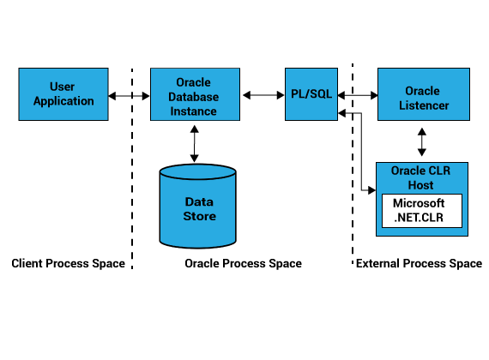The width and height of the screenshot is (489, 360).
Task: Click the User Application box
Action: pos(63,94)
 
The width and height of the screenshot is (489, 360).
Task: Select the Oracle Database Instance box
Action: pos(195,94)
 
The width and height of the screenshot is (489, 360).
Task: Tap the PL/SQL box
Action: pos(311,94)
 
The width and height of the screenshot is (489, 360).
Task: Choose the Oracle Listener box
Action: pos(424,94)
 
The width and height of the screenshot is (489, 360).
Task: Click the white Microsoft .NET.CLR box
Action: pos(422,211)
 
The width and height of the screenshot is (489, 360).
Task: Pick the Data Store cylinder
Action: pos(197,206)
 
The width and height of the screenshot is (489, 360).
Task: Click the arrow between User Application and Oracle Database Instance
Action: pos(129,96)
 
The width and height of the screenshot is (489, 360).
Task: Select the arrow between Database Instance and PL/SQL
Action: pos(263,95)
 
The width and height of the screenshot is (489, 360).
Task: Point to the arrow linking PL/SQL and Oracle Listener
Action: pos(358,95)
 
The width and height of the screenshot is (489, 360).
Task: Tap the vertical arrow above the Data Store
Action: pos(194,144)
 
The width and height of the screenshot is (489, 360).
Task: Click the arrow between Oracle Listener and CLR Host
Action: pos(422,141)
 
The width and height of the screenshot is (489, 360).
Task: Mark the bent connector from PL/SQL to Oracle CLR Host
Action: pos(361,152)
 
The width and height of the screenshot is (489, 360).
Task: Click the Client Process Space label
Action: pos(69,263)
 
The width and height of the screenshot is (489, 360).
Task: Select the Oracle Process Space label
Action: pos(244,263)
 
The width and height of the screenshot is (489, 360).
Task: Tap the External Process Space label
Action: pos(420,263)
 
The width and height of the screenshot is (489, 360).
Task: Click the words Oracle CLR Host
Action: pos(420,178)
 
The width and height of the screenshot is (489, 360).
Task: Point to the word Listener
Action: pos(424,105)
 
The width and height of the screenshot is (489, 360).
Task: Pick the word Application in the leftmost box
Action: pos(63,101)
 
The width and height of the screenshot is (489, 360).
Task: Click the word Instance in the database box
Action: pos(193,111)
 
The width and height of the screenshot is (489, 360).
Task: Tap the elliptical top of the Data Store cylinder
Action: pos(197,171)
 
